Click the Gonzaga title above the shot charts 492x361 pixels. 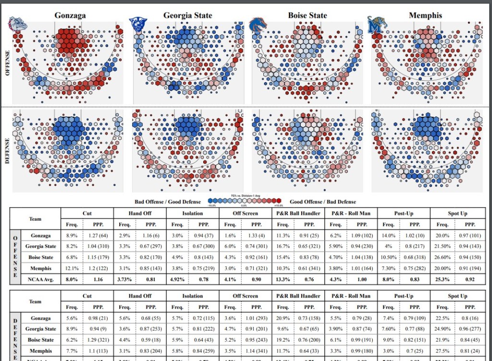70,15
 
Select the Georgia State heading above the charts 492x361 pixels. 187,15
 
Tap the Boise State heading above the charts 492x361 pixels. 307,15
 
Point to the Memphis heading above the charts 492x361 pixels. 425,15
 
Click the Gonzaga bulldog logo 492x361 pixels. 18,24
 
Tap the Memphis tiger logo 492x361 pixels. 377,25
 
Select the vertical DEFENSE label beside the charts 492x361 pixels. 7,150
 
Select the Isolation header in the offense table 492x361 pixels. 193,213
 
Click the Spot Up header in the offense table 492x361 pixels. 457,213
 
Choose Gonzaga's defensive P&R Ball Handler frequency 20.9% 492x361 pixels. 283,318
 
